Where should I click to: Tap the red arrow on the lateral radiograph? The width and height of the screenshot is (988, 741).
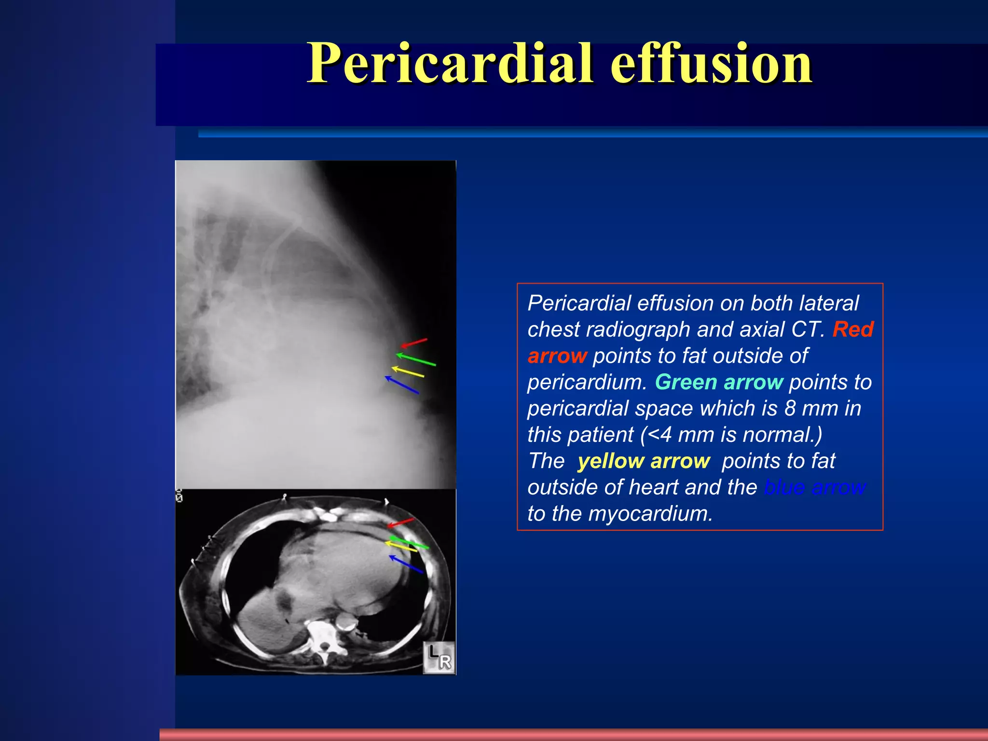pos(414,343)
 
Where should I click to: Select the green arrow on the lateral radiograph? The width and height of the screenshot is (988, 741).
pos(415,360)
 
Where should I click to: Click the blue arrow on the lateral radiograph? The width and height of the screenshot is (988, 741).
pos(401,385)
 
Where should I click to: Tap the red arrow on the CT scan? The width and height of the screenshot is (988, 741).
pos(400,523)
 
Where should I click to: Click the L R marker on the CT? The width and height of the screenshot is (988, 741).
pos(439,658)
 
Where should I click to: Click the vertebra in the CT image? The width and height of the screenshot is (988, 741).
pos(324,637)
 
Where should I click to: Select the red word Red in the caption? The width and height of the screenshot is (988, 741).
pos(853,329)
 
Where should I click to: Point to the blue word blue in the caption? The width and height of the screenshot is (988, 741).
pos(784,487)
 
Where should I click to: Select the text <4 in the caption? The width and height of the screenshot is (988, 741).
pos(659,435)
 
